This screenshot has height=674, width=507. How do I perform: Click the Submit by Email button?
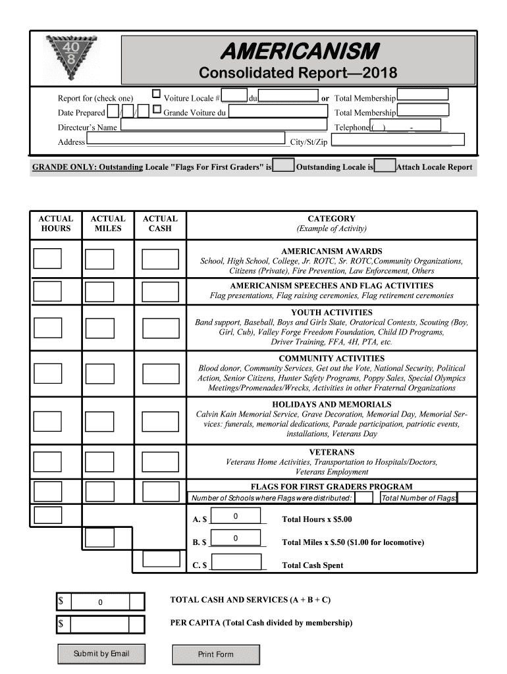tap(101, 654)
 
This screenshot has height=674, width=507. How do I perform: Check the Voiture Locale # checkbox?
tap(157, 94)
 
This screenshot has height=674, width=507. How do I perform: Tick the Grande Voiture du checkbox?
tap(157, 109)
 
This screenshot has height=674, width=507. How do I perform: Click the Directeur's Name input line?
tap(223, 126)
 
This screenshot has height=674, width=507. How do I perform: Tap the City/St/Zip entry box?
tap(398, 140)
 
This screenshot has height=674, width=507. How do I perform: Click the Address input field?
tap(187, 141)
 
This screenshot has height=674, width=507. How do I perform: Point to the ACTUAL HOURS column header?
tap(56, 224)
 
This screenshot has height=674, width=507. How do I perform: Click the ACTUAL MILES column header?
tap(108, 224)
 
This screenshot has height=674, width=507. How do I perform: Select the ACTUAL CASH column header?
tap(160, 224)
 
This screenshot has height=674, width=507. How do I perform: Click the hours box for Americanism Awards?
tap(47, 259)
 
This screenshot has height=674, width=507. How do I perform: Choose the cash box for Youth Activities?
tap(161, 328)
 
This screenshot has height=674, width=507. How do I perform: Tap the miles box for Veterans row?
tap(99, 463)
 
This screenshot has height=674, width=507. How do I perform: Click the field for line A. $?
tap(235, 519)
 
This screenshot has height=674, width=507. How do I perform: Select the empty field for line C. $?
tap(235, 563)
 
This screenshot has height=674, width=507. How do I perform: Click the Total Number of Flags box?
tap(467, 498)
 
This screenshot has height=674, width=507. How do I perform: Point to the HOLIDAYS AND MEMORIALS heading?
tap(331, 404)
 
